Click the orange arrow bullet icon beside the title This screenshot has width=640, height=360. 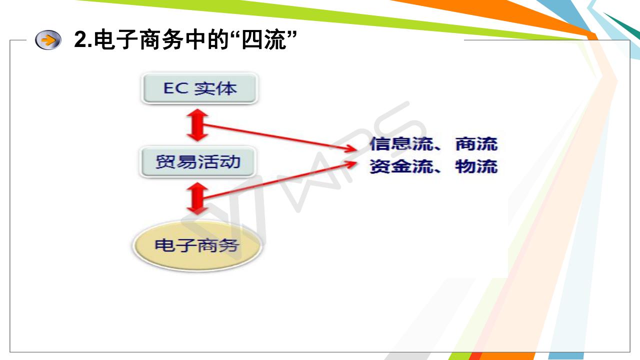tap(48, 39)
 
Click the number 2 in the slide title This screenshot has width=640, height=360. tap(80, 39)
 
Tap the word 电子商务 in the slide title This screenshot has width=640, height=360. tap(138, 39)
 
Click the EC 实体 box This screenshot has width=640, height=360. tap(199, 88)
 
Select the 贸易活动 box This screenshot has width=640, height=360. tap(197, 161)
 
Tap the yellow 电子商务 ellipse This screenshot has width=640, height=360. tap(197, 245)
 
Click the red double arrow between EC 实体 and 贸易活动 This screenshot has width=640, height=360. tap(197, 125)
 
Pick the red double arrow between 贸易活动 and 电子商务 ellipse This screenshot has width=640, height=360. tap(197, 198)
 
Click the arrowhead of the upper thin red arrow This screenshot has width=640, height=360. tap(351, 148)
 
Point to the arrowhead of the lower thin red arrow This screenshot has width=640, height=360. tap(351, 163)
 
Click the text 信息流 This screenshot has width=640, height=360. tap(401, 143)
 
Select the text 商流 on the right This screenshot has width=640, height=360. tap(476, 143)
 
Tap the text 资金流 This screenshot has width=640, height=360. tap(401, 166)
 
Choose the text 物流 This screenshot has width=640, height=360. tap(476, 166)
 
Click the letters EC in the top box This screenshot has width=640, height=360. tap(175, 88)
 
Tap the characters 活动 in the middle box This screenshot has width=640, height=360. tap(219, 161)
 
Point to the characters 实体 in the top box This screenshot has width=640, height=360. tap(215, 88)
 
